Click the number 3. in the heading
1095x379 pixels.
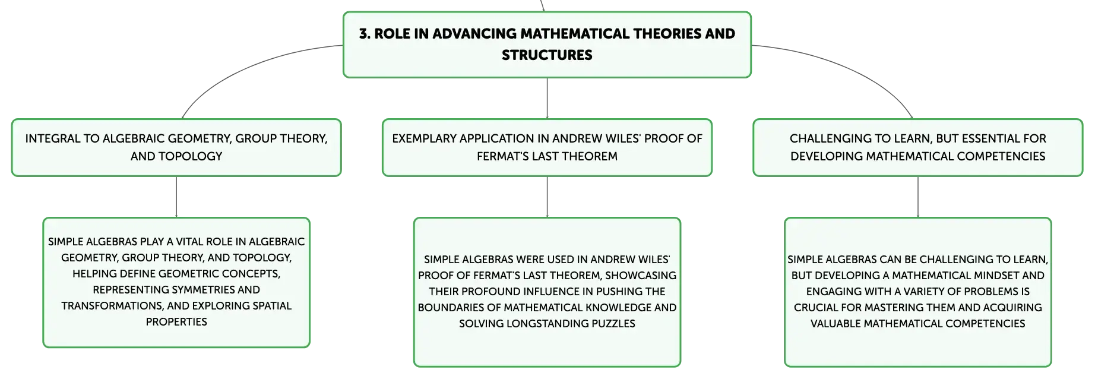pos(365,34)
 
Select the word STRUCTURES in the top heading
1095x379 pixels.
pos(547,55)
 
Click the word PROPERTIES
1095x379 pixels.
pos(176,322)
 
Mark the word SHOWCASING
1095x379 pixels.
pos(641,276)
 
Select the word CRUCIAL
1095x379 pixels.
pos(814,308)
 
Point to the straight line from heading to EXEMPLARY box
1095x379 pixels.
pos(547,99)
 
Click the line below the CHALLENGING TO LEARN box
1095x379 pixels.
pos(918,197)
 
